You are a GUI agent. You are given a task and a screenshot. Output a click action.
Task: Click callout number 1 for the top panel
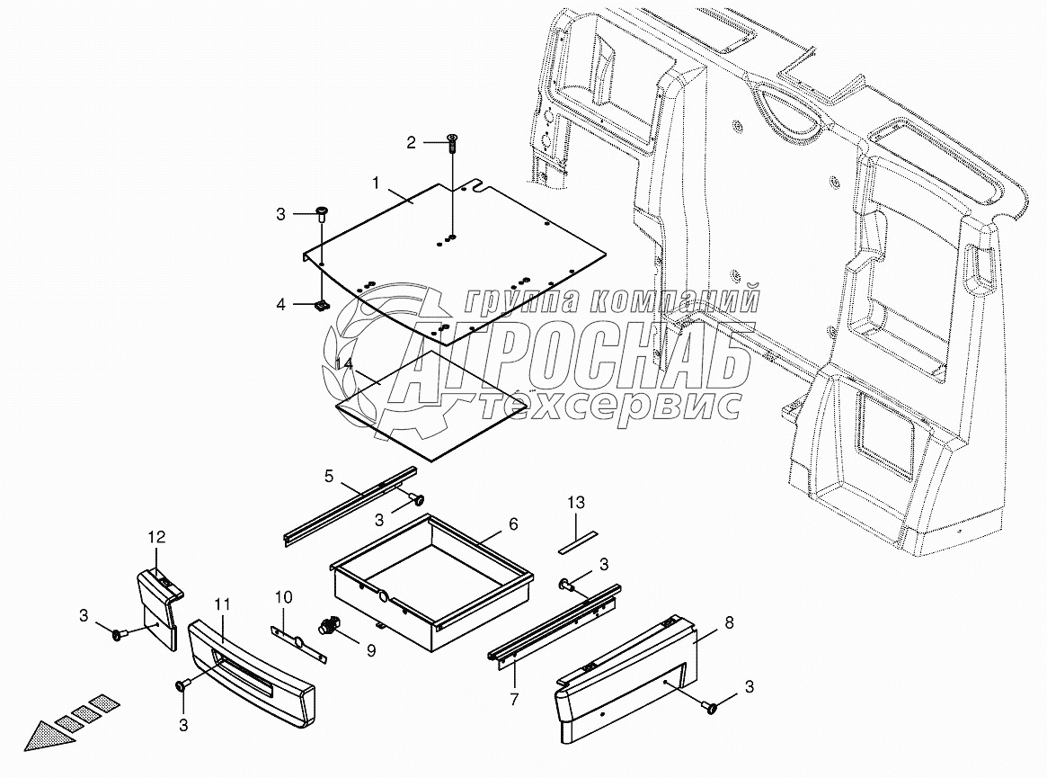tap(377, 183)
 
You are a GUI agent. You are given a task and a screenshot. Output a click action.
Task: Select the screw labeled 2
tap(451, 139)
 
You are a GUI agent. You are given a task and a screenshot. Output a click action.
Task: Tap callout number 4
tap(280, 305)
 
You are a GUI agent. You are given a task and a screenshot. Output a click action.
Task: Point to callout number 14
tap(342, 363)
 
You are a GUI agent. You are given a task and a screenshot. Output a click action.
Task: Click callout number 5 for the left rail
tap(329, 474)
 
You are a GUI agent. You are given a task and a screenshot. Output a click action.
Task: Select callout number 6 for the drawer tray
tap(513, 523)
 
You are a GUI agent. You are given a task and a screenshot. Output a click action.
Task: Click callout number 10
tap(283, 596)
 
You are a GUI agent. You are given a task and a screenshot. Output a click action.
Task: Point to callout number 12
tap(156, 537)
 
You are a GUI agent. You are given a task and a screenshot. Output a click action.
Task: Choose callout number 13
tap(575, 502)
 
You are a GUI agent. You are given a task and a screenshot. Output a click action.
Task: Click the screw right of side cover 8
tap(713, 709)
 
